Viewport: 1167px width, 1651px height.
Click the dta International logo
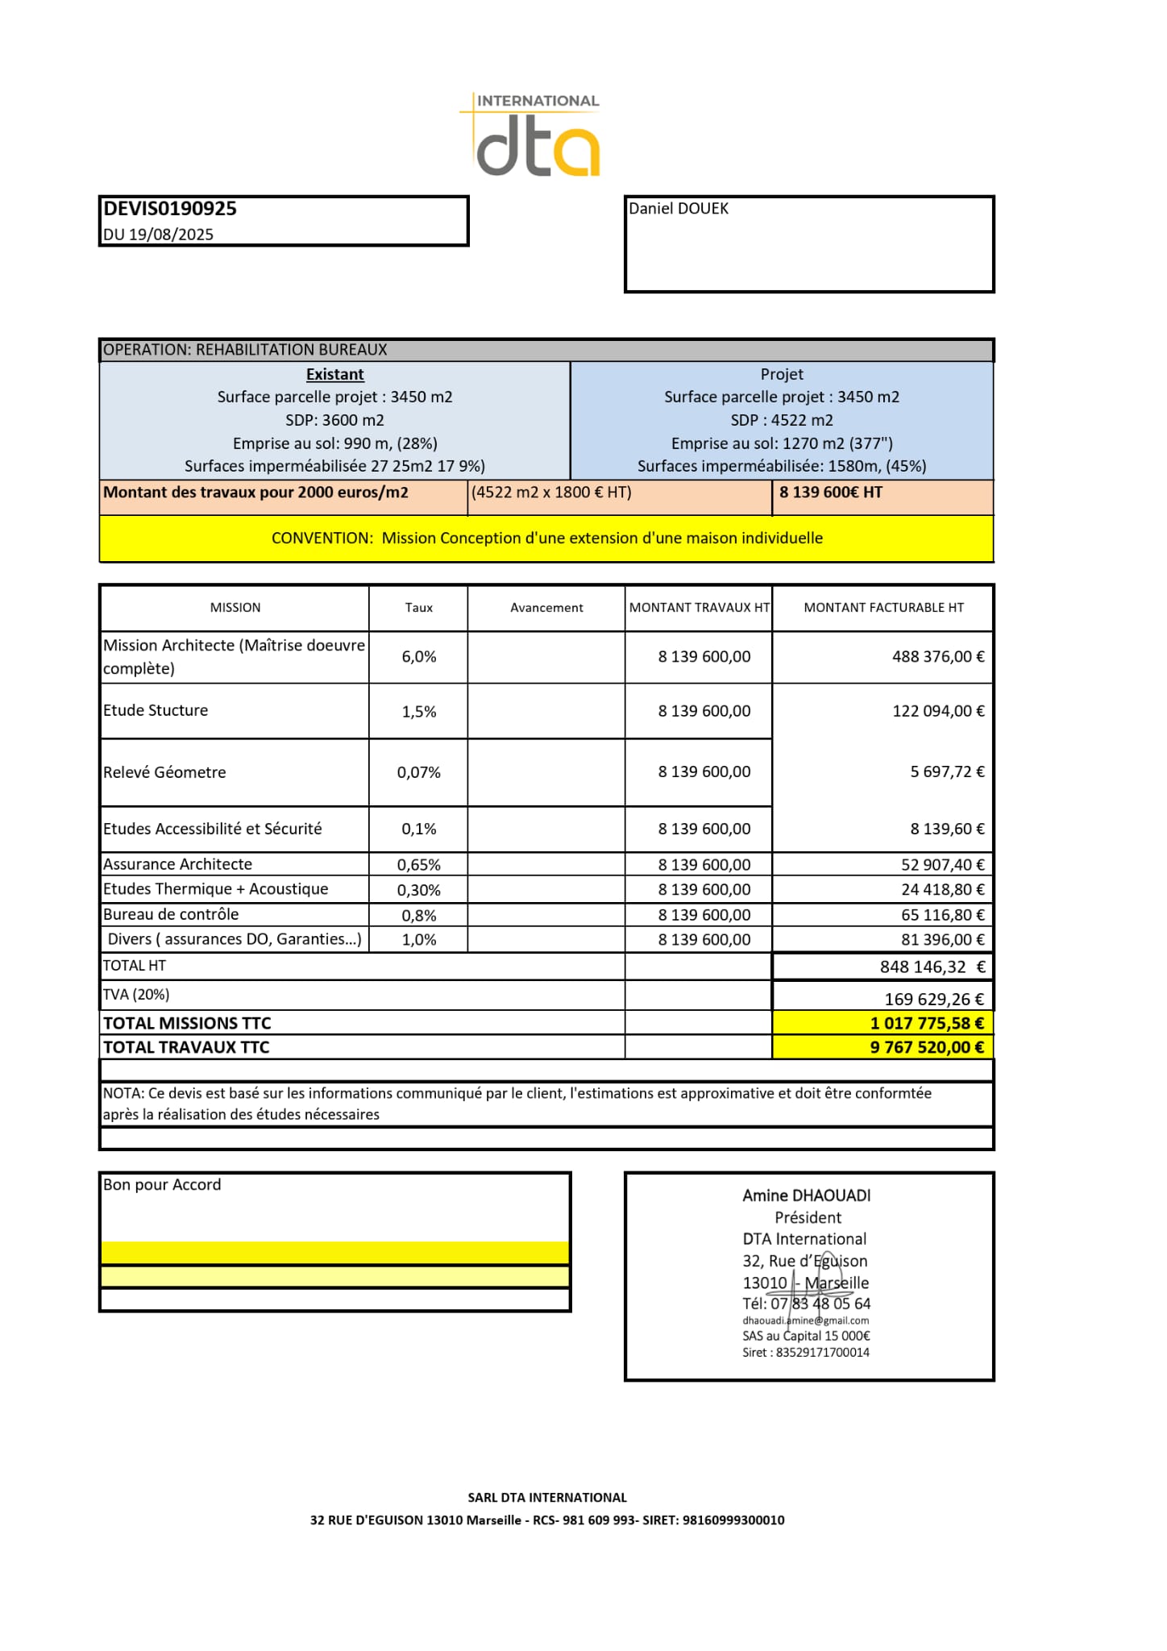[533, 135]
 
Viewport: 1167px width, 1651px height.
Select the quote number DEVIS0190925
[170, 209]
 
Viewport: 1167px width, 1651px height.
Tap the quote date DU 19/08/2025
[159, 235]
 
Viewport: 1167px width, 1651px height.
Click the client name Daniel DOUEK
[679, 209]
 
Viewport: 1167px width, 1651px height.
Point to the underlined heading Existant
[334, 374]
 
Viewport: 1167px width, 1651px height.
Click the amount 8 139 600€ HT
[830, 493]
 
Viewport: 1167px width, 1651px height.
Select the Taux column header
[418, 608]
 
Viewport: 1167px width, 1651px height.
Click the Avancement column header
[546, 608]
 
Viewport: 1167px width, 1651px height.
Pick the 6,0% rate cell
[418, 657]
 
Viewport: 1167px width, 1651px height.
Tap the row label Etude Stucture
[156, 710]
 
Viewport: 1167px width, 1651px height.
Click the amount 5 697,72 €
[947, 771]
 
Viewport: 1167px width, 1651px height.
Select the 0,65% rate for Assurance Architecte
[418, 865]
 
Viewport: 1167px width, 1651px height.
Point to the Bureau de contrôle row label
[171, 914]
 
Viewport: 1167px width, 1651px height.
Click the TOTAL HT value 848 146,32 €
[932, 967]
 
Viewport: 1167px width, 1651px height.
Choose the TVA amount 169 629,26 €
[934, 1000]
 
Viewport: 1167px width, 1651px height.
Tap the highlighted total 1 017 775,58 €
[927, 1023]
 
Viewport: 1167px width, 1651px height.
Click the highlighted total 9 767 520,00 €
[927, 1047]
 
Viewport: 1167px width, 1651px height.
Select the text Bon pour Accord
[162, 1184]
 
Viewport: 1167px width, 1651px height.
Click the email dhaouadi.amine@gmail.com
[805, 1320]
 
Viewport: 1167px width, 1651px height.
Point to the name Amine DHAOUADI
[806, 1196]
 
